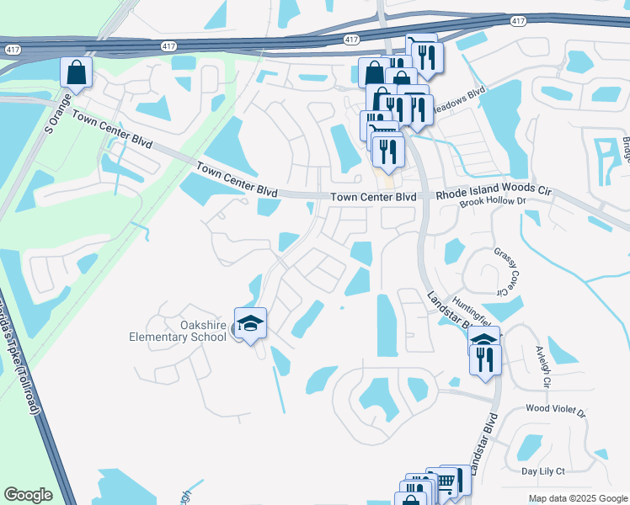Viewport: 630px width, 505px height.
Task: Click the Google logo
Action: [x=29, y=495]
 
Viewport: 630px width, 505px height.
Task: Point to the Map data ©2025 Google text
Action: [x=577, y=498]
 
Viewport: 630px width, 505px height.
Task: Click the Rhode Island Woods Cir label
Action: [x=494, y=193]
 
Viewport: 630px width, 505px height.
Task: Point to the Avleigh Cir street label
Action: [x=542, y=369]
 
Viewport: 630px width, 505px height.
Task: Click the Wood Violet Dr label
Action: [x=555, y=410]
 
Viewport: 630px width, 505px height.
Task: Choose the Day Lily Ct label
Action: [x=542, y=471]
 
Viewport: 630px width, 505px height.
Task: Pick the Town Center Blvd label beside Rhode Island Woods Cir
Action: [x=373, y=197]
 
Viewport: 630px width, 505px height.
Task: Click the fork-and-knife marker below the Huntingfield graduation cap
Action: [x=485, y=359]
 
